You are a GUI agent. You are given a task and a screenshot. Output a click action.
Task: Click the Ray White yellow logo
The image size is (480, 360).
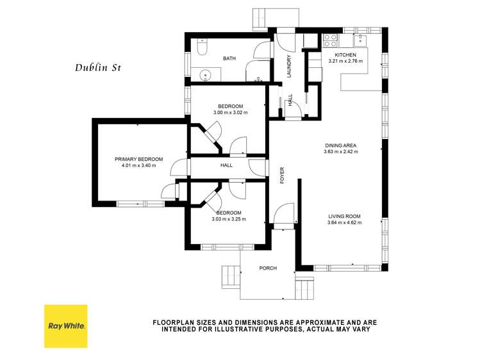point(65,326)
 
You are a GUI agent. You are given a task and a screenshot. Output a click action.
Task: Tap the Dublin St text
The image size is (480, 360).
point(97,66)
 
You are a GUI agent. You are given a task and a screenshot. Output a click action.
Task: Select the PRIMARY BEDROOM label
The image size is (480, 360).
point(138,159)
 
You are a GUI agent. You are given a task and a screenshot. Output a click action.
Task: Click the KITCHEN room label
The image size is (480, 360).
point(345,55)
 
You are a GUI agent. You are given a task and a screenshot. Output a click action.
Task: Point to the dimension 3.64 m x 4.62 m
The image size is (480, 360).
point(344,223)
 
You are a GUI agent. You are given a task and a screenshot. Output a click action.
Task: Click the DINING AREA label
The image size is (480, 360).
point(341,145)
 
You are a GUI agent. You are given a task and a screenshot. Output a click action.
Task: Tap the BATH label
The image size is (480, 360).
point(229,58)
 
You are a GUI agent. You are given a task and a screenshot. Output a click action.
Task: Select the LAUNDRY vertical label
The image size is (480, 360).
point(289,67)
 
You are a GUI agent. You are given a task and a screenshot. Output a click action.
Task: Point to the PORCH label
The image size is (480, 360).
point(268,268)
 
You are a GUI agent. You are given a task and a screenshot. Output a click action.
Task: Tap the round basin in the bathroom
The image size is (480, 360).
point(204,75)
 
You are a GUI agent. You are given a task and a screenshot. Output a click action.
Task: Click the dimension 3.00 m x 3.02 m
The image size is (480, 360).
point(230,113)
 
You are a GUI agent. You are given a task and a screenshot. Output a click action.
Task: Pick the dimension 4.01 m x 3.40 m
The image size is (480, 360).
point(138,165)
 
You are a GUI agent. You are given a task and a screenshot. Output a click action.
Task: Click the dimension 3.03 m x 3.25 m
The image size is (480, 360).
point(229,219)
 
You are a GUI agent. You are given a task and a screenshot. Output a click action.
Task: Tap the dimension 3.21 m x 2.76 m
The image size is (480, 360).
point(345,61)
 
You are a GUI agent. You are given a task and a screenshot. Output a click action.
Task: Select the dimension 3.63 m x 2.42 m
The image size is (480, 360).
point(341,152)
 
